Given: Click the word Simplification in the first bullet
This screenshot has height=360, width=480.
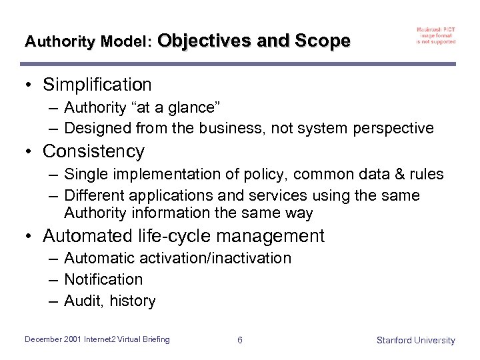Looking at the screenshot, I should pos(97,85).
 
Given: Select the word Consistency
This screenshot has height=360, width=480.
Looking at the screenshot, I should pos(93,151).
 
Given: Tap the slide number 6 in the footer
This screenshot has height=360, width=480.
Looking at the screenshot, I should pos(240,341).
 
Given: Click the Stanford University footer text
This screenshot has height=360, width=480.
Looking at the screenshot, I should pos(415,341).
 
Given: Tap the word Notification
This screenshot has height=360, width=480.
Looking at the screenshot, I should pos(103,279).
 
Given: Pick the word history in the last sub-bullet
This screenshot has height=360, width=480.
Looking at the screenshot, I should pos(132,301).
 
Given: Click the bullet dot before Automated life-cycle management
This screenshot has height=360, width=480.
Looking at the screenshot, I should pos(29,237).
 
